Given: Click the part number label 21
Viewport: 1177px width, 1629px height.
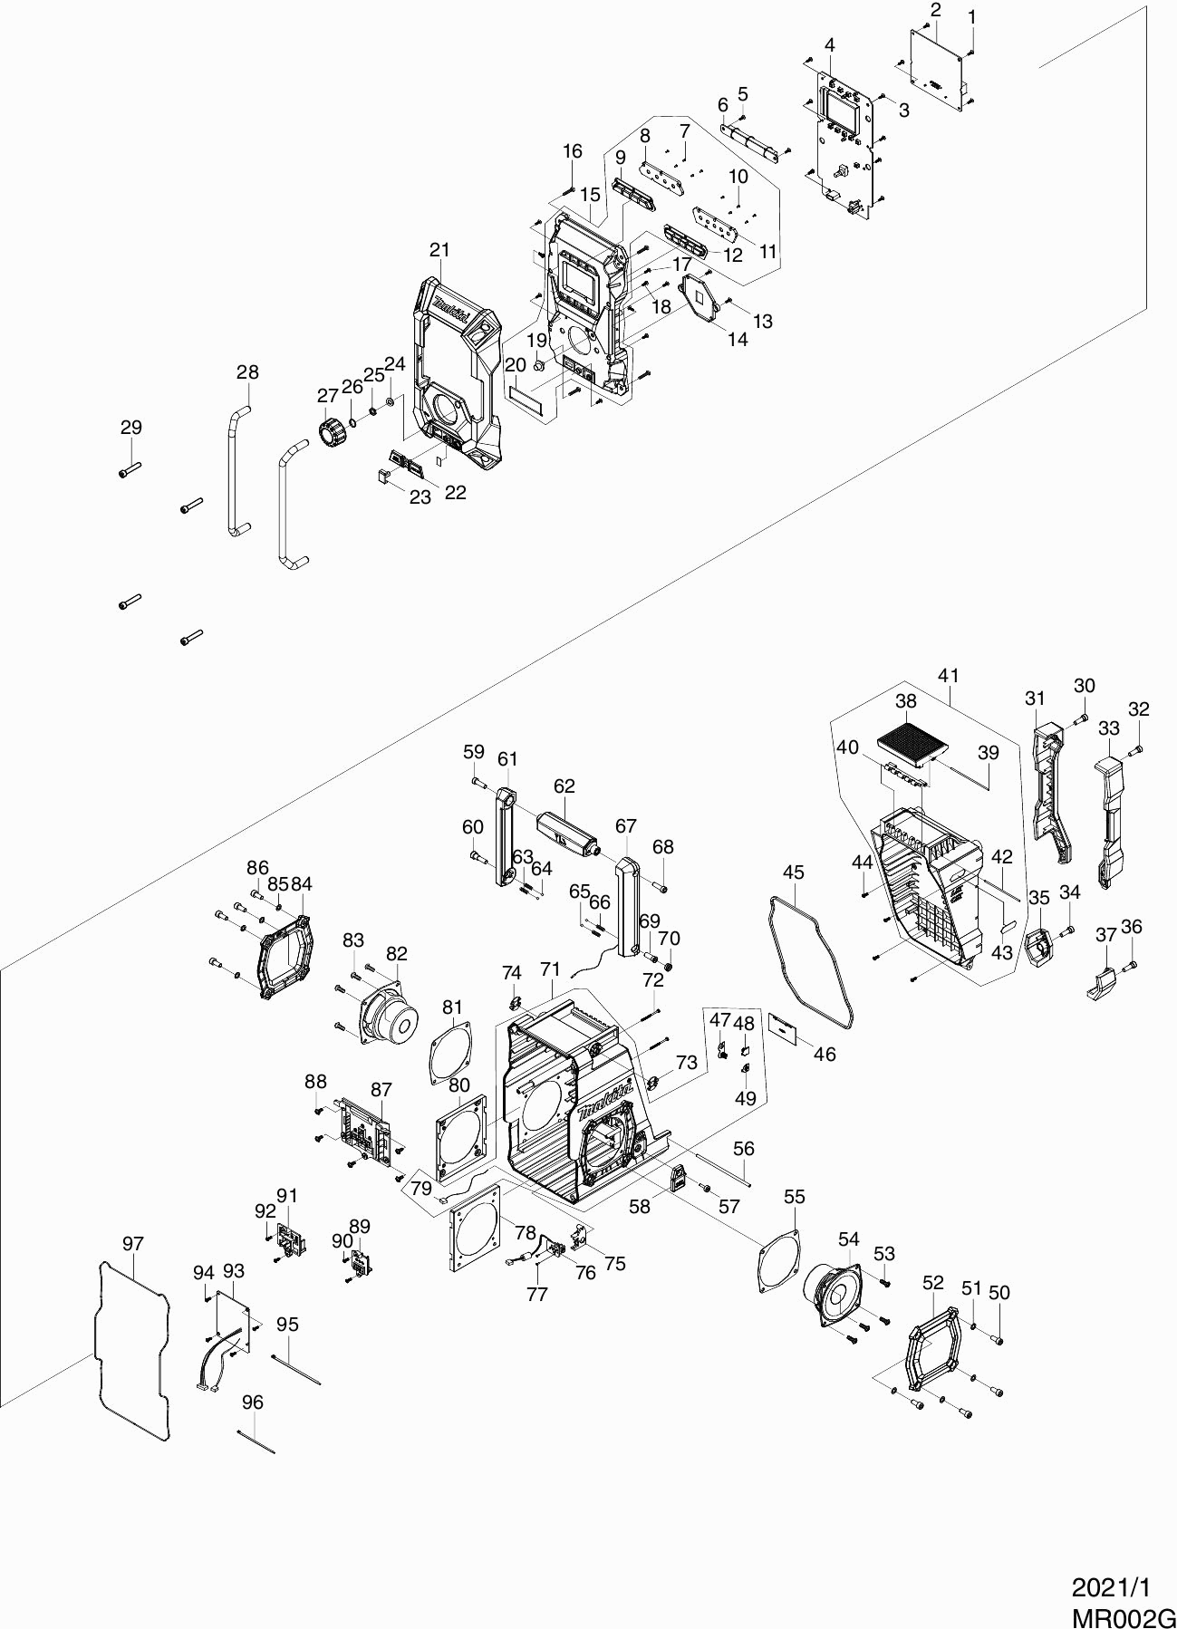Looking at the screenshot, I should tap(439, 250).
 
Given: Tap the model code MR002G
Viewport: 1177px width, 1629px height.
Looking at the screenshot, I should tap(1124, 1613).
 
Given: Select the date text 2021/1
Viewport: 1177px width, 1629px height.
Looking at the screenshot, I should tap(1111, 1586).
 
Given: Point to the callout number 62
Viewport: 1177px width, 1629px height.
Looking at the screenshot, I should tap(564, 786).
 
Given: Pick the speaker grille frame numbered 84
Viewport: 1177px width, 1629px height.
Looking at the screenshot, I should tap(286, 955).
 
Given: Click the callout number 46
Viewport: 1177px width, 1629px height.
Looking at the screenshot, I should tap(824, 1055).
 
